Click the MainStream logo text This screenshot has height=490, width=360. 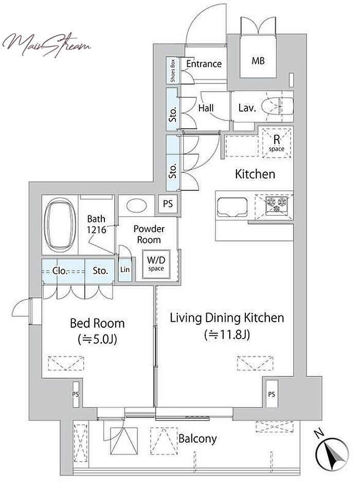[46, 45]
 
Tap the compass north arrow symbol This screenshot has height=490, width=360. [332, 453]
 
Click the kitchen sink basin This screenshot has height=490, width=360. [232, 207]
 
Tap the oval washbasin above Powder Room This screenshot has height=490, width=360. [136, 206]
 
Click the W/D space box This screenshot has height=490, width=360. [156, 264]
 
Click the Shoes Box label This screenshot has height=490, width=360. [173, 71]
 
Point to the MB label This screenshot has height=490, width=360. [258, 61]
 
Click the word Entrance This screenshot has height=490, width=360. [204, 64]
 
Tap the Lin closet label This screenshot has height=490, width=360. [125, 269]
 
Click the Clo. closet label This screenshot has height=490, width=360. [60, 270]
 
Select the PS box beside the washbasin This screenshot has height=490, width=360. [168, 204]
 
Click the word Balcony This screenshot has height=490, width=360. [197, 439]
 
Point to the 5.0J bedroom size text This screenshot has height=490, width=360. [97, 339]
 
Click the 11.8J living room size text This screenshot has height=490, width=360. [227, 335]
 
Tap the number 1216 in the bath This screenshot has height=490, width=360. [96, 230]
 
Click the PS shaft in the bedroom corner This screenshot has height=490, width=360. [75, 394]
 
